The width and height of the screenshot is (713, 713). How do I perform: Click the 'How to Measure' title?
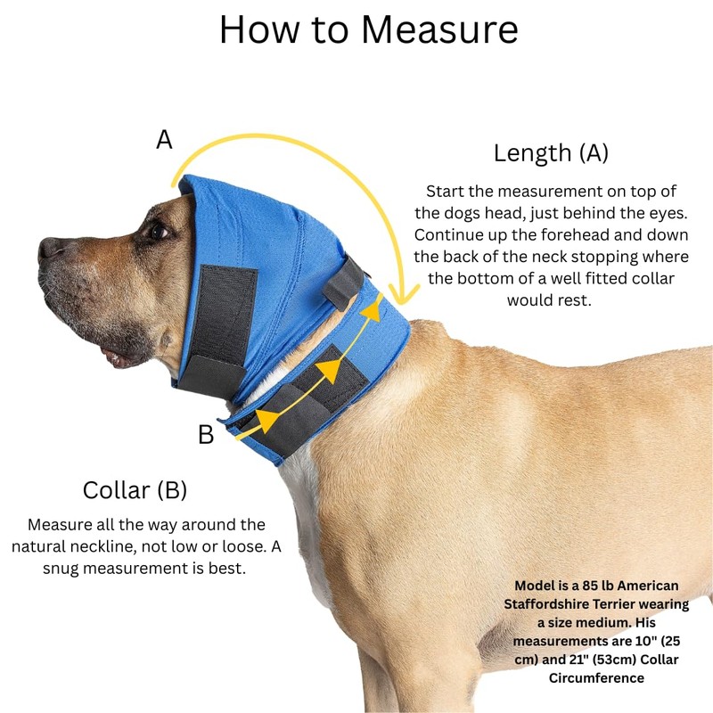[368, 29]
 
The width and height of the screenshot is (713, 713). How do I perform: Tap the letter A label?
[164, 140]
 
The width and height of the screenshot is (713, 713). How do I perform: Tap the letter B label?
[206, 435]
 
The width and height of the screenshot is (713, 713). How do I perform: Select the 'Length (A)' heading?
[551, 152]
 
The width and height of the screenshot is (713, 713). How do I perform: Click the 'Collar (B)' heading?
[135, 489]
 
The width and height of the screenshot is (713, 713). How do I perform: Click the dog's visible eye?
[159, 231]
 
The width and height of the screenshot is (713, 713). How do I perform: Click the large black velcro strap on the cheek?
[226, 316]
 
